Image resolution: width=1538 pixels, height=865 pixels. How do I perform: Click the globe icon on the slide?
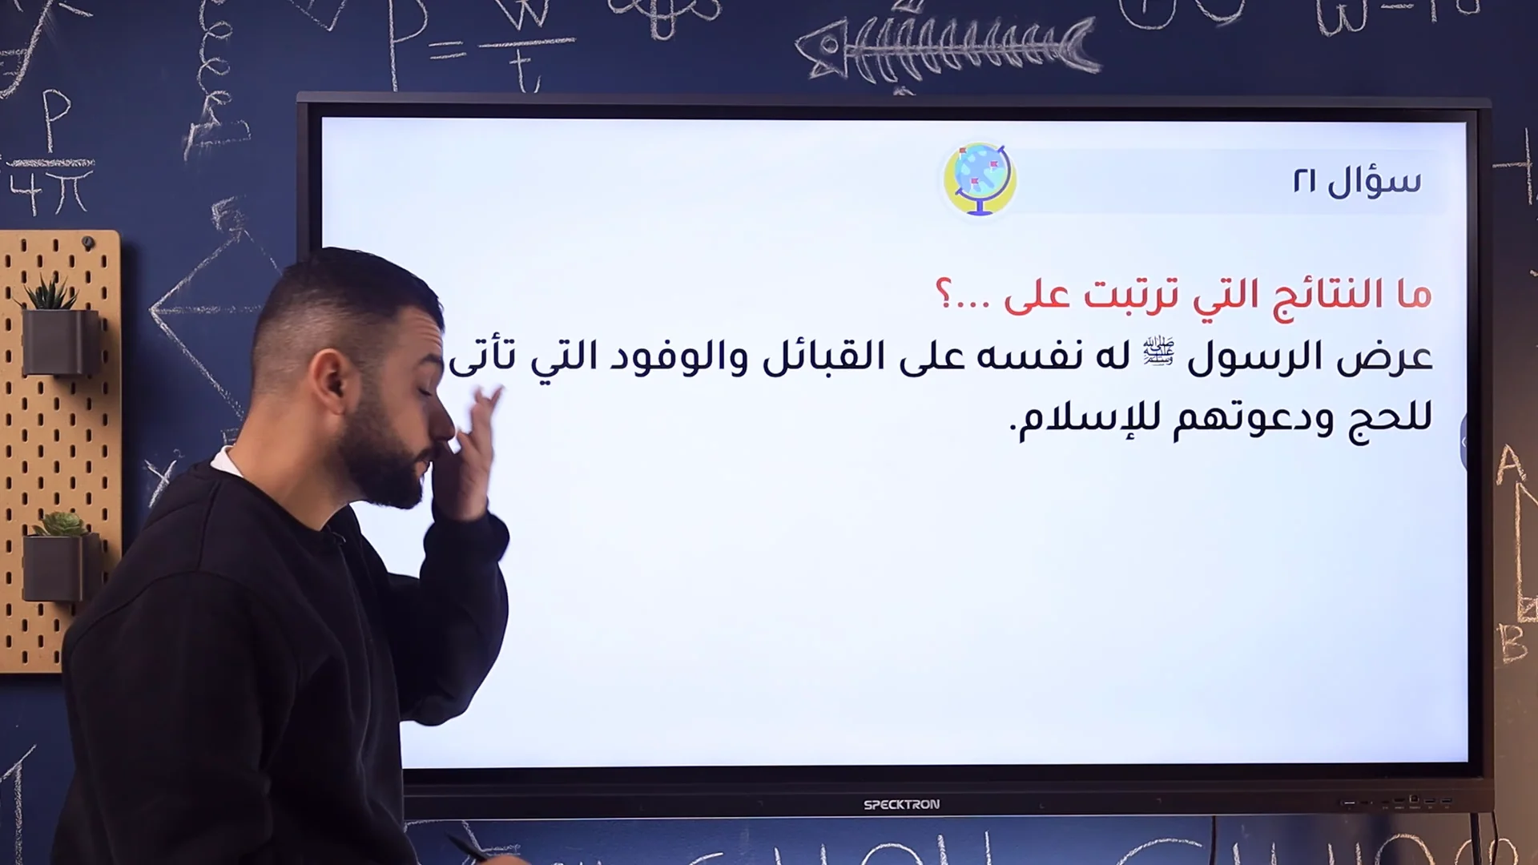[x=979, y=179]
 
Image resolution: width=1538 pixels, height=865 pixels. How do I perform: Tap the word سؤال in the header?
[x=1375, y=181]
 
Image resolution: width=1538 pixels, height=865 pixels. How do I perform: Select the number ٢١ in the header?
[x=1304, y=181]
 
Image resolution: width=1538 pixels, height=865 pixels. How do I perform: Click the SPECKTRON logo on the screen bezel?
[x=901, y=804]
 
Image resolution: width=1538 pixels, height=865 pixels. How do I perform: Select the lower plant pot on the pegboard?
[x=58, y=565]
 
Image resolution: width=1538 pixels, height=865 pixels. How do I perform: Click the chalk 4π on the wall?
[x=50, y=192]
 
